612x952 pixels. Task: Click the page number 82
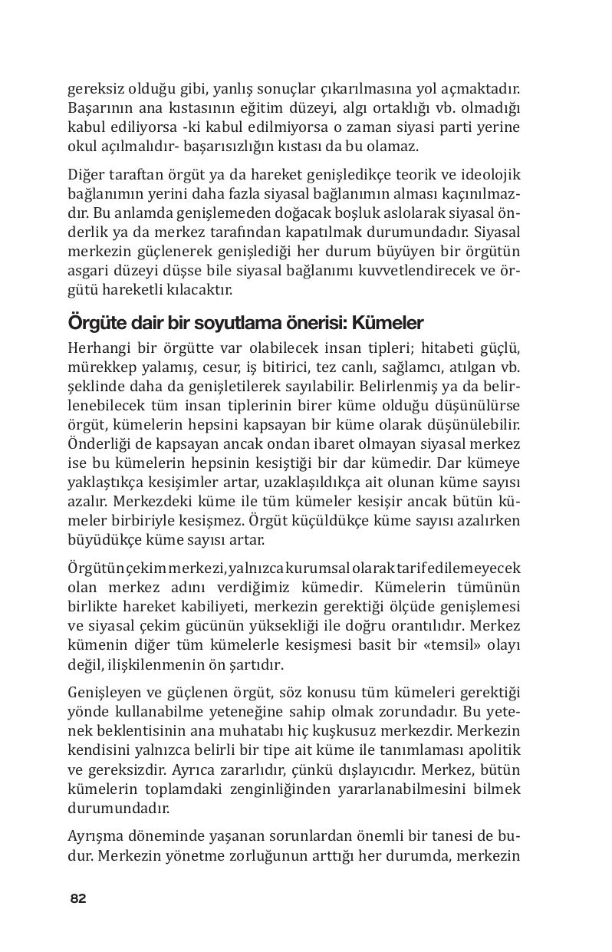[x=77, y=898]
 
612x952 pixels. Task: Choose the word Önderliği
[x=100, y=443]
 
